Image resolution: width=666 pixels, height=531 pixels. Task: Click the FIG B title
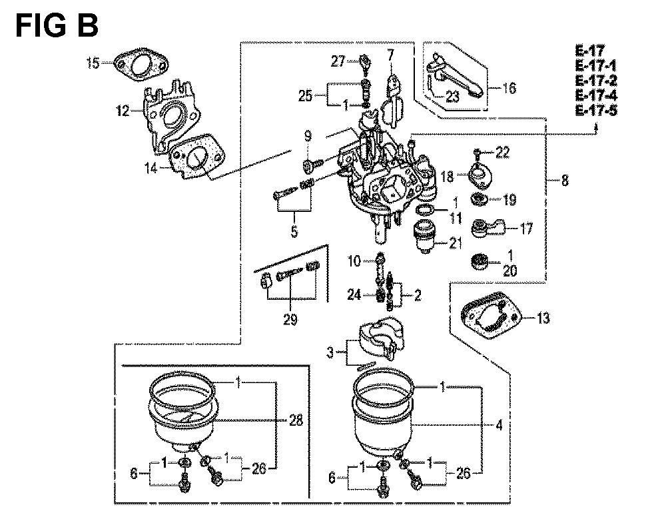click(x=57, y=25)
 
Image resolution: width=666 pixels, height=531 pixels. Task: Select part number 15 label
click(x=93, y=63)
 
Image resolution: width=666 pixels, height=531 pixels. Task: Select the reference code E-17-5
click(x=596, y=111)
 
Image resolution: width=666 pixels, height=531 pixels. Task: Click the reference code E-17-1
click(x=596, y=66)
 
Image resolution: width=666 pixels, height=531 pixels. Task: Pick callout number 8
click(x=565, y=181)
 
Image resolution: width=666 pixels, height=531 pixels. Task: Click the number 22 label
click(x=502, y=153)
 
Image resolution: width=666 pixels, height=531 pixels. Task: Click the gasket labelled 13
click(x=491, y=314)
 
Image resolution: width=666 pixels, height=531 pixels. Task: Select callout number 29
click(x=290, y=319)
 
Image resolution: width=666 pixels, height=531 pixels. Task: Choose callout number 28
click(x=296, y=420)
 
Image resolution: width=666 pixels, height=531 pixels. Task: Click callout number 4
click(x=499, y=425)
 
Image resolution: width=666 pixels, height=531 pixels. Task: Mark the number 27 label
click(x=338, y=61)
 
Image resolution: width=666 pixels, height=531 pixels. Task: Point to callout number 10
click(x=354, y=261)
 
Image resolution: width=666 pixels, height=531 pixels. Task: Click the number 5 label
click(x=294, y=231)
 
